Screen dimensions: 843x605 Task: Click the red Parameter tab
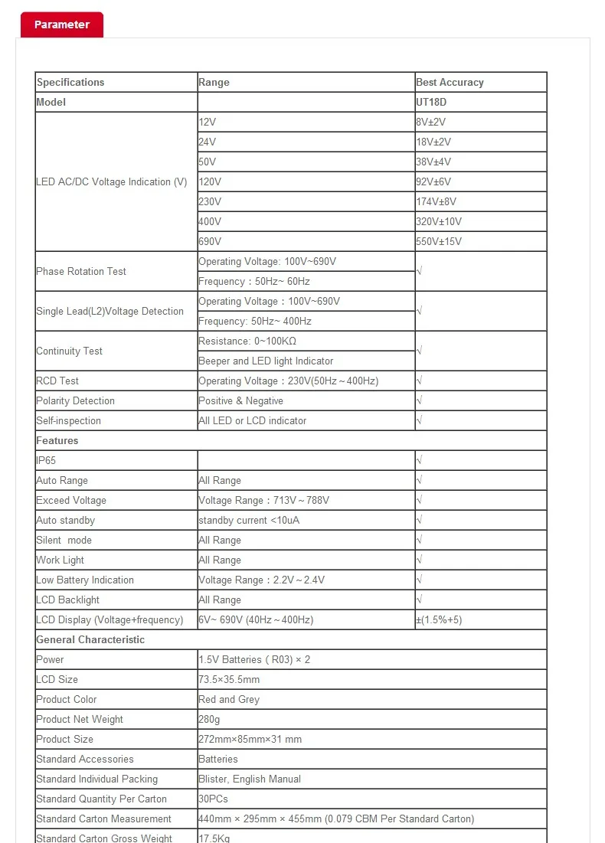pyautogui.click(x=61, y=25)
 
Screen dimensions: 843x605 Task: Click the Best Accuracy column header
pyautogui.click(x=450, y=83)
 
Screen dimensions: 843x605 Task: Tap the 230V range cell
pyautogui.click(x=210, y=202)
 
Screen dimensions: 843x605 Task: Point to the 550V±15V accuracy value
pyautogui.click(x=439, y=242)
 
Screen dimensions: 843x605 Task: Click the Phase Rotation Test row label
pyautogui.click(x=81, y=272)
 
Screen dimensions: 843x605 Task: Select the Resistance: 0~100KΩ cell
pyautogui.click(x=247, y=341)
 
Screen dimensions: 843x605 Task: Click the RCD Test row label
pyautogui.click(x=57, y=381)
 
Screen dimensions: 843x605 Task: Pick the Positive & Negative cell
pyautogui.click(x=240, y=401)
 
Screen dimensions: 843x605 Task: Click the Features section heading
pyautogui.click(x=57, y=441)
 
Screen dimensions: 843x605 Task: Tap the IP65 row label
pyautogui.click(x=46, y=461)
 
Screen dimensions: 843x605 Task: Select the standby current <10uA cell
pyautogui.click(x=249, y=521)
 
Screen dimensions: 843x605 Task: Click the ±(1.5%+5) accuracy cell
pyautogui.click(x=439, y=620)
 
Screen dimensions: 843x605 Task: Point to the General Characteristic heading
pyautogui.click(x=90, y=640)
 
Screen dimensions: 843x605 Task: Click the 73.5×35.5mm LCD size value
pyautogui.click(x=229, y=680)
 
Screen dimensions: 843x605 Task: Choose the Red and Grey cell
pyautogui.click(x=229, y=700)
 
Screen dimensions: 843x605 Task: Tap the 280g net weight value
pyautogui.click(x=209, y=720)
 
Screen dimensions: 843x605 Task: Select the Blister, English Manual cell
pyautogui.click(x=250, y=779)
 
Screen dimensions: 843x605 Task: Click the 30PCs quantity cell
pyautogui.click(x=214, y=799)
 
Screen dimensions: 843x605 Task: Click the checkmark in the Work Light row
pyautogui.click(x=420, y=560)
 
